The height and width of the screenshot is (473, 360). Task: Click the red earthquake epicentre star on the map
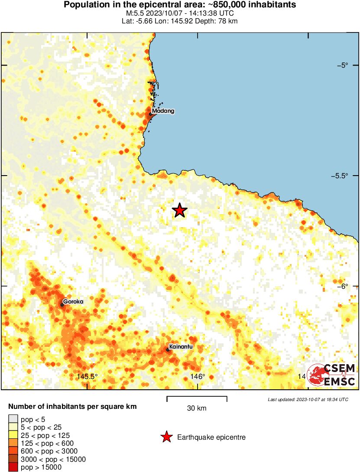180,210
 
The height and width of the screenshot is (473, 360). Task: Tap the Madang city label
163,111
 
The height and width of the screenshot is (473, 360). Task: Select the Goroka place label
73,301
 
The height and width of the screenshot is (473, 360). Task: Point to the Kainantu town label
181,347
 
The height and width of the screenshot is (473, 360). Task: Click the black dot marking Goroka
62,305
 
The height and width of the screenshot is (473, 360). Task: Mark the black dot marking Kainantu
168,350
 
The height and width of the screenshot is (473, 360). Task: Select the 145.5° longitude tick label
87,376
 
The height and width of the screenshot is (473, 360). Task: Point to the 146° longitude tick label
198,376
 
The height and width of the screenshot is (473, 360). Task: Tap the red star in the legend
166,437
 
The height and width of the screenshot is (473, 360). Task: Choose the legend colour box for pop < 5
13,419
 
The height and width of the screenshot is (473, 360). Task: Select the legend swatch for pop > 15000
13,467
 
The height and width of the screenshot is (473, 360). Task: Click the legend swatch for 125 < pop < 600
13,443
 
